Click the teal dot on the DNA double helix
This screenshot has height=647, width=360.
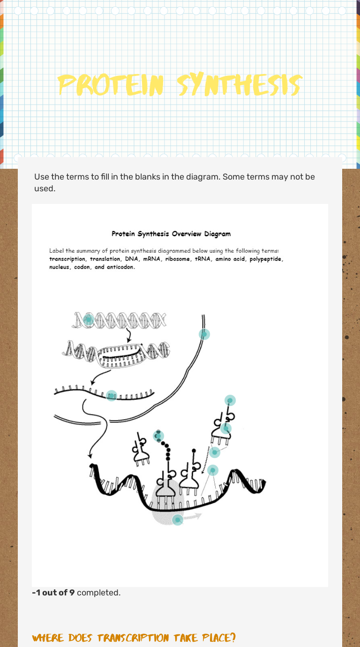pos(88,320)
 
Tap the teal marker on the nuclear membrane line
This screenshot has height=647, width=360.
pos(204,334)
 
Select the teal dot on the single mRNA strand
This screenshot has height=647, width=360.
pos(112,396)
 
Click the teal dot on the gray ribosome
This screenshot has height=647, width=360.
pos(178,520)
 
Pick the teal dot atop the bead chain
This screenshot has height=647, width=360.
pos(158,436)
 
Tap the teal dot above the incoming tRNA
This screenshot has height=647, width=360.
pos(230,400)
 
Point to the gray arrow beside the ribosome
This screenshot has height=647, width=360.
pos(193,516)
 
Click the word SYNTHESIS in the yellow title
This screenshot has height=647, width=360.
pos(240,85)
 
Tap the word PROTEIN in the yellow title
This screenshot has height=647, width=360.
pos(111,85)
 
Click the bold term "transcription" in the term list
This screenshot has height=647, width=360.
pos(67,259)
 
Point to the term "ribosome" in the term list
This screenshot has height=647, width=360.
pos(178,259)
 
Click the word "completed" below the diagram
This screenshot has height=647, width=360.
pos(97,593)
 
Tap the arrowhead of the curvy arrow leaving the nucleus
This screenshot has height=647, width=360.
pos(90,456)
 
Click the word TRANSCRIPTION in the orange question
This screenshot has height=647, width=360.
pos(133,638)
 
